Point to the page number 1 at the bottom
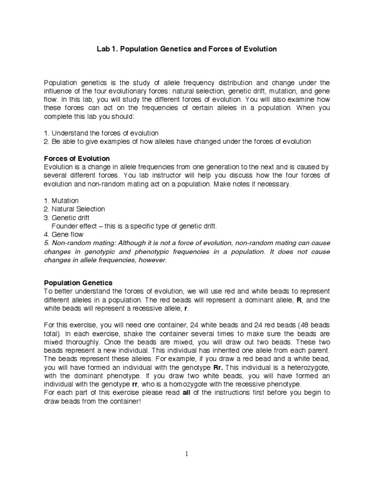click(x=187, y=454)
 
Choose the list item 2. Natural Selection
click(x=74, y=209)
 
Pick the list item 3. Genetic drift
click(x=67, y=218)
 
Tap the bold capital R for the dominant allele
click(x=299, y=300)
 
